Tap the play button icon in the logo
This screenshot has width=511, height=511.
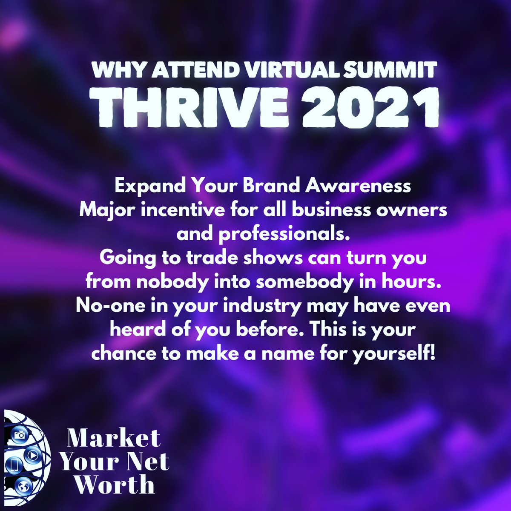(32, 456)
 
